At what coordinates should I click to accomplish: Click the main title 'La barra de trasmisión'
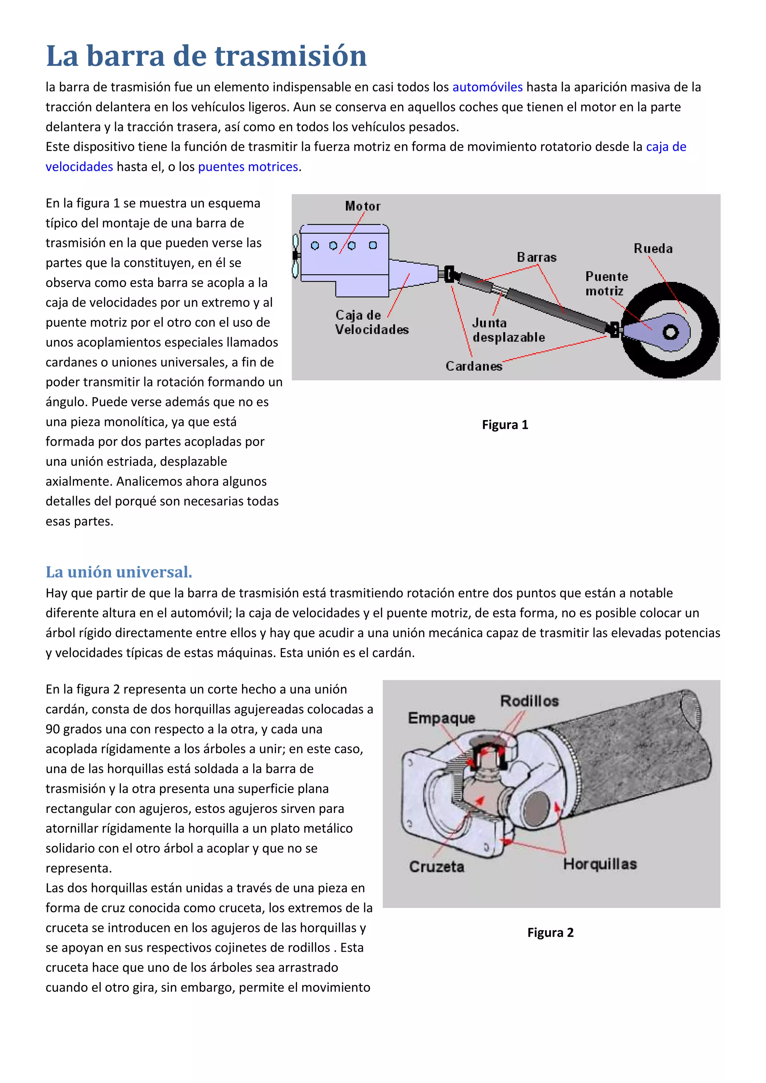(x=206, y=56)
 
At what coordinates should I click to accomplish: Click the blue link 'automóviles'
(x=487, y=87)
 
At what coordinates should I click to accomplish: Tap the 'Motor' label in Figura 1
(x=362, y=206)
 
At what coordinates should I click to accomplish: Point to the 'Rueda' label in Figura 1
(x=653, y=249)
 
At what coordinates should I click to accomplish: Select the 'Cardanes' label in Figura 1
(x=474, y=366)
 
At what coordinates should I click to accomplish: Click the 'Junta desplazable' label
(x=508, y=330)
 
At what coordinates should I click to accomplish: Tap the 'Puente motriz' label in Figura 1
(x=607, y=283)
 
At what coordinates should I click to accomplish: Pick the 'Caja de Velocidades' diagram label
(x=372, y=322)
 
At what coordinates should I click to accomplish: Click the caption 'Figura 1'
(x=505, y=425)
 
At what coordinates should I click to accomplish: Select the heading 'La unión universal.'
(x=119, y=572)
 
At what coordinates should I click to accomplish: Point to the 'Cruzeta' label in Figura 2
(x=437, y=867)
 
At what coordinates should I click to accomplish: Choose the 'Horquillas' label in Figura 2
(x=600, y=864)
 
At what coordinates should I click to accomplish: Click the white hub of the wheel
(x=670, y=332)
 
